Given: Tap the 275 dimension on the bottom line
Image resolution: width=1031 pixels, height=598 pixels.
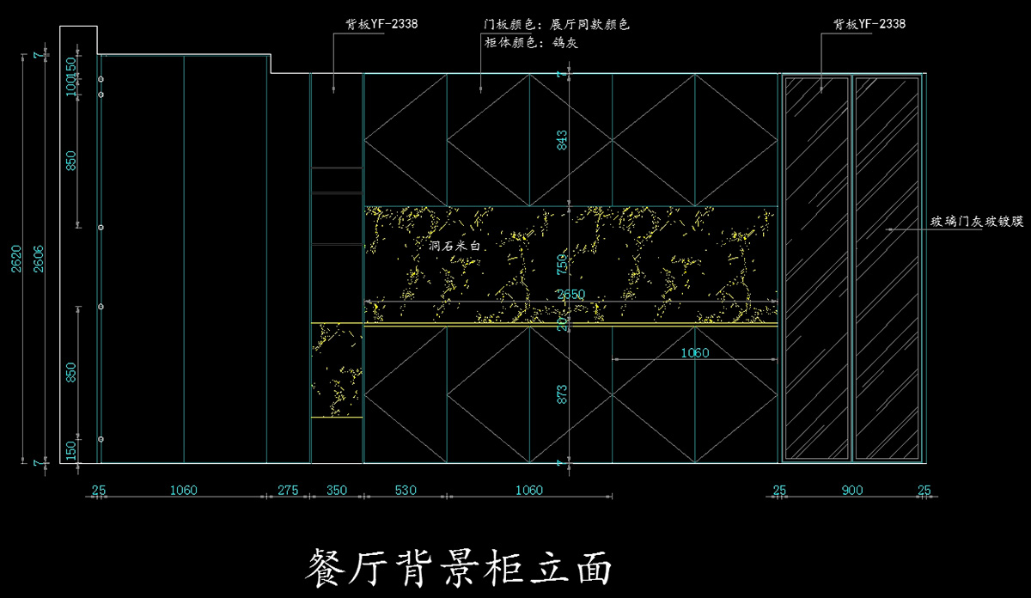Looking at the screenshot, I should click(x=288, y=491).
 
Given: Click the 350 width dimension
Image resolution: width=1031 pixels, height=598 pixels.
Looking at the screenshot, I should click(x=337, y=491).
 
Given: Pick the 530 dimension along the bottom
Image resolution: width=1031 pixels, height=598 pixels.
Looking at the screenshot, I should click(x=405, y=491).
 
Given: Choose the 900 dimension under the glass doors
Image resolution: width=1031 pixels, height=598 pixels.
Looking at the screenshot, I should click(x=851, y=491).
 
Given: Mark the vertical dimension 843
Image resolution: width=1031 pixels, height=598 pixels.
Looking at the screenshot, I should click(x=563, y=140).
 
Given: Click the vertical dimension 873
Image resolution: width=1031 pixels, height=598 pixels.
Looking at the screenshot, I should click(x=563, y=394).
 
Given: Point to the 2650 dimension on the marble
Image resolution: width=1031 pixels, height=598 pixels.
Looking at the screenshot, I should click(x=570, y=294).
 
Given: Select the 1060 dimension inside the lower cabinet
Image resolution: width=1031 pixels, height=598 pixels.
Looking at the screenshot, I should click(x=694, y=352).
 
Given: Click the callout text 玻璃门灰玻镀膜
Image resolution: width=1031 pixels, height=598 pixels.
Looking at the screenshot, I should click(x=978, y=222).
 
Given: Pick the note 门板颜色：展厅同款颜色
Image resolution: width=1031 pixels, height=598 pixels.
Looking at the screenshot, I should click(x=557, y=24).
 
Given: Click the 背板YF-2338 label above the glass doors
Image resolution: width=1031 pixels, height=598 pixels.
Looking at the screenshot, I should click(x=869, y=24).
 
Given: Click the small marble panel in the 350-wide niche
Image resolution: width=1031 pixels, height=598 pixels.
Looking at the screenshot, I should click(x=336, y=369).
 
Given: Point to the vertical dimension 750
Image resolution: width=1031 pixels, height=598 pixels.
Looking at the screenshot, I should click(x=563, y=262).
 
